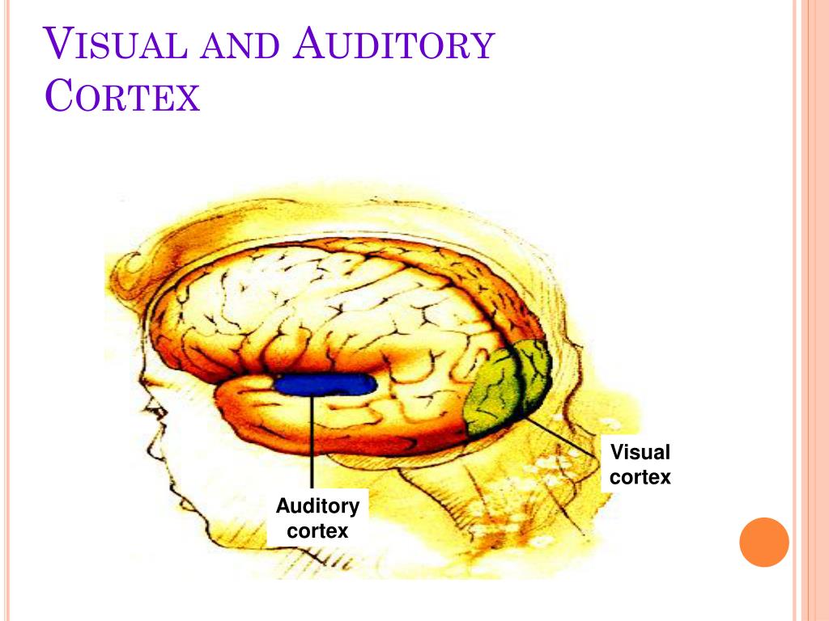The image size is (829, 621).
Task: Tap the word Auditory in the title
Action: point(393,44)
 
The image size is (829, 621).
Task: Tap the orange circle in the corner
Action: point(763,542)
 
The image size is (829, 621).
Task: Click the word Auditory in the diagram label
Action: point(317,507)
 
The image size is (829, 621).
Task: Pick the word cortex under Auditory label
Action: point(317,531)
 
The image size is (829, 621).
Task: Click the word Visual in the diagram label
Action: point(640,452)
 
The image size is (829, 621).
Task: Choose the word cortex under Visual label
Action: point(640,477)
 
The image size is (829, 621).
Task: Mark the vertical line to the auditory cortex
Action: point(312,441)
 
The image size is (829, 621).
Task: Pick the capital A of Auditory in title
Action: point(309,44)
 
